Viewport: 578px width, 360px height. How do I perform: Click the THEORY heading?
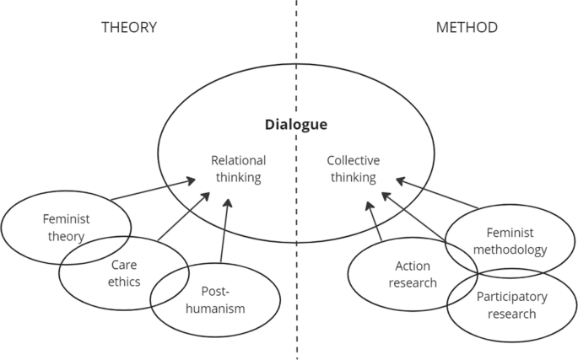[129, 27]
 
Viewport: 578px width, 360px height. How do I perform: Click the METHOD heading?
[467, 27]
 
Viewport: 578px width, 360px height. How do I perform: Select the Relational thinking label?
[238, 169]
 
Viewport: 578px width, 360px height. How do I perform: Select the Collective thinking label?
[353, 169]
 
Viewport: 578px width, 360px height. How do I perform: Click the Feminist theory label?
[66, 227]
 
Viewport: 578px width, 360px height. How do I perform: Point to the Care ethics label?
[123, 271]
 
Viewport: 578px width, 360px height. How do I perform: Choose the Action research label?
[413, 274]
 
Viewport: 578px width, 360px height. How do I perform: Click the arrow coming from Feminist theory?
[152, 190]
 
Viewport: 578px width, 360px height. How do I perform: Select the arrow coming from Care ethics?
[183, 218]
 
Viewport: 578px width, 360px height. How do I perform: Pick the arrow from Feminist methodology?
[437, 193]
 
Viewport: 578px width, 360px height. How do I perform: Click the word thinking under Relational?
[238, 177]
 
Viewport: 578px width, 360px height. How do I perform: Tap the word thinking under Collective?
[353, 177]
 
